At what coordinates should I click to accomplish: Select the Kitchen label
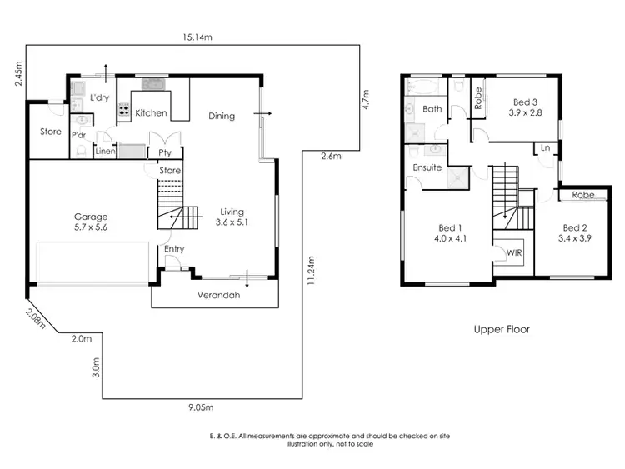(152, 112)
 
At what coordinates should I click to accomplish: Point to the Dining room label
(222, 116)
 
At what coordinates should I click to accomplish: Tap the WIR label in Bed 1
(508, 252)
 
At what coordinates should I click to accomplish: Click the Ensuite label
(427, 167)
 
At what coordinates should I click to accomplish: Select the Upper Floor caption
(502, 329)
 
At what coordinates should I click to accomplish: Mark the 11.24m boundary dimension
(309, 271)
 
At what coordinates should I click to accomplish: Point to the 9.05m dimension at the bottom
(200, 407)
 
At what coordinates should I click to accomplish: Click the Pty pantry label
(165, 152)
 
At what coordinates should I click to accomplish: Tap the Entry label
(175, 248)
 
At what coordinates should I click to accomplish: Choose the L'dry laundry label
(99, 98)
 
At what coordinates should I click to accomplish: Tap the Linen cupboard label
(104, 152)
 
